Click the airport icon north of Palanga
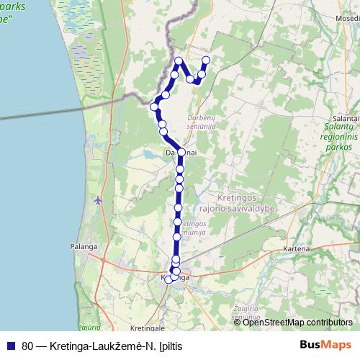98,199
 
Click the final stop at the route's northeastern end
206,60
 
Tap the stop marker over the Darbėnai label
181,153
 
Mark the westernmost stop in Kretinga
168,279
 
